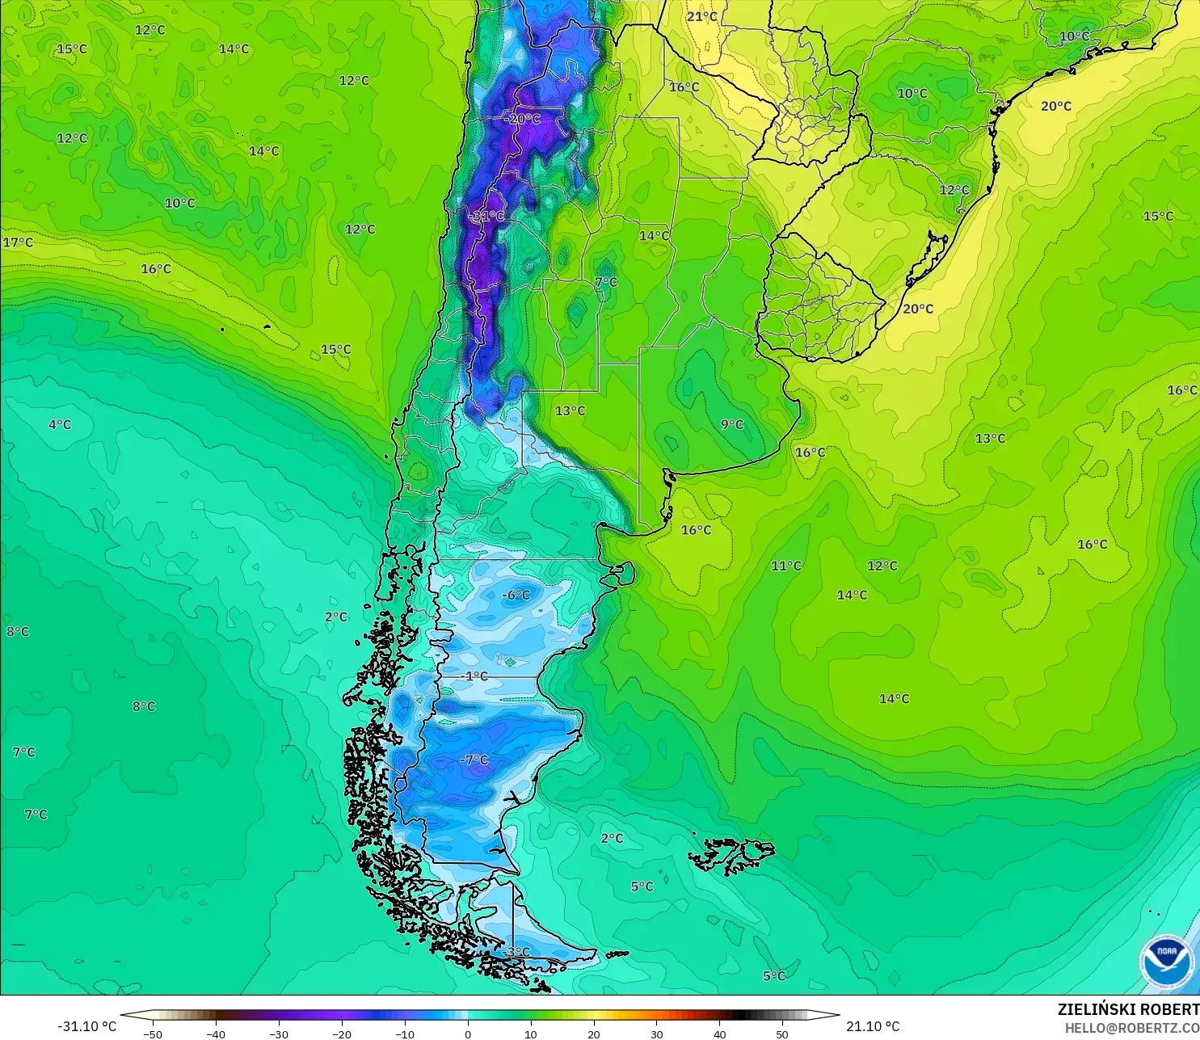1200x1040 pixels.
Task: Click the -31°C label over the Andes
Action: tap(486, 216)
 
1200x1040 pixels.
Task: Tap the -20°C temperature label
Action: tap(522, 119)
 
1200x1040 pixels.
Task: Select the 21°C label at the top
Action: tap(701, 16)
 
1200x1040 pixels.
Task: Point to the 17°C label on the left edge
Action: tap(18, 242)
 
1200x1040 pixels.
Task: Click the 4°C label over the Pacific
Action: tap(60, 424)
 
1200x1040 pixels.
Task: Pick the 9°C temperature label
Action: tap(732, 424)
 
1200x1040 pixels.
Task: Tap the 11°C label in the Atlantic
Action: tap(785, 566)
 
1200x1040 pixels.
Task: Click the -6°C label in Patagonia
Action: tap(516, 595)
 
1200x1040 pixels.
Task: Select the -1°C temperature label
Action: tap(474, 676)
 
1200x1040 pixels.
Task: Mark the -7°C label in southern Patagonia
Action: tap(474, 760)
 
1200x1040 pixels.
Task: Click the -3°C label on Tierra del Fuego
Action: tap(516, 952)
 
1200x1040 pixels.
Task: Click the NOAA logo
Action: tap(1166, 962)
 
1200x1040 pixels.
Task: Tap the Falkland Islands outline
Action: tap(731, 855)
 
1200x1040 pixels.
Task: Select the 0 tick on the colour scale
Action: tap(468, 1034)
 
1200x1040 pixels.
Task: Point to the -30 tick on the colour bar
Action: tap(279, 1034)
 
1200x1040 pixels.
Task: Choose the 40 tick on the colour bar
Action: tap(719, 1034)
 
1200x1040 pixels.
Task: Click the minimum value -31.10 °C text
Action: tap(86, 1026)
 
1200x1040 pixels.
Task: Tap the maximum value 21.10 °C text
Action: tap(873, 1026)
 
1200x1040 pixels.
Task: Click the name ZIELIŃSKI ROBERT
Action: tap(1128, 1009)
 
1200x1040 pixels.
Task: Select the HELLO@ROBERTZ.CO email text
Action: tap(1131, 1028)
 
